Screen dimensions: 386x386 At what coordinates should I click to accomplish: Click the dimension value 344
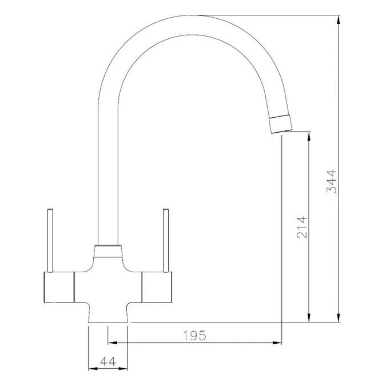331,181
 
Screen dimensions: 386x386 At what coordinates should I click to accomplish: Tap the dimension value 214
302,227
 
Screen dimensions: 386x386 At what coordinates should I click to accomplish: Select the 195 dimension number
194,336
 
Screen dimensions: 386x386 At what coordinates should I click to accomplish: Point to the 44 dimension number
108,361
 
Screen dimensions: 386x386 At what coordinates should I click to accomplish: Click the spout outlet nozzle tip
280,124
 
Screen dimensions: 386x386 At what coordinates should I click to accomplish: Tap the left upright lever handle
50,241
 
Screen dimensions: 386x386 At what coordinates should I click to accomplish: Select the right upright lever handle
166,241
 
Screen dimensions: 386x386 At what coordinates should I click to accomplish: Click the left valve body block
59,287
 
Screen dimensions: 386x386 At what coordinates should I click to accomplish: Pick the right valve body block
157,287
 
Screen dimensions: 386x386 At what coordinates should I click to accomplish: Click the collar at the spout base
108,252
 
